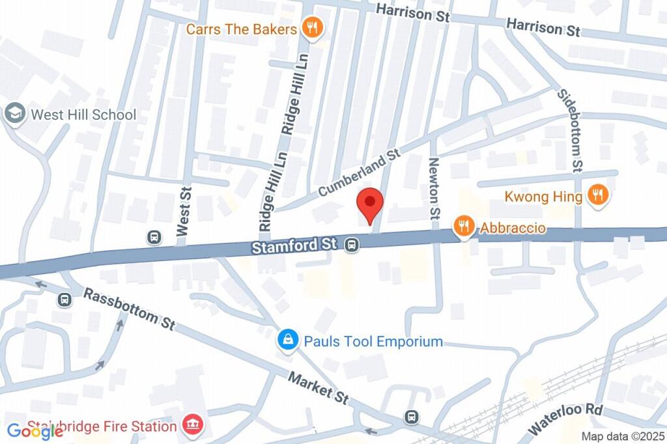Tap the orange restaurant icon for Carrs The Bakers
point(312,28)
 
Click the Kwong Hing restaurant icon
point(597,195)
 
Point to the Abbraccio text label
point(513,229)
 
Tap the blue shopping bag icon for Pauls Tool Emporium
point(286,340)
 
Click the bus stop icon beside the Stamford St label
point(352,245)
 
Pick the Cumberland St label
point(358,173)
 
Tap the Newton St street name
point(434,188)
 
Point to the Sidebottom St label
point(569,130)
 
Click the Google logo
point(35,431)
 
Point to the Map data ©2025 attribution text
point(623,437)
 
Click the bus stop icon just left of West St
point(154,236)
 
